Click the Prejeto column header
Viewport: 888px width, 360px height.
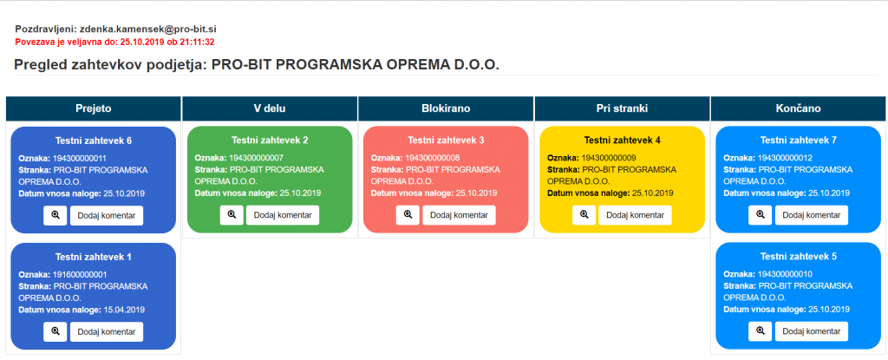tap(94, 108)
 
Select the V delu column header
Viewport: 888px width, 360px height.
tap(270, 108)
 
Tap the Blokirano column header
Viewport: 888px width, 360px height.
tap(446, 108)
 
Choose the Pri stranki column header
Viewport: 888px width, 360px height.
tap(622, 108)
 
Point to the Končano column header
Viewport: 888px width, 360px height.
tap(798, 108)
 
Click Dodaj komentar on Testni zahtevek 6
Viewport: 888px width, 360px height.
tap(107, 215)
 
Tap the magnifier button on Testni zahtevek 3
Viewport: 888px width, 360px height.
tap(408, 215)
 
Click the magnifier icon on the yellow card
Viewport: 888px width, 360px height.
tap(584, 215)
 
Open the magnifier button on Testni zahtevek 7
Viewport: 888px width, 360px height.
tap(760, 215)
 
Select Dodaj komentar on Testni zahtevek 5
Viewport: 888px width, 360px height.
tap(812, 331)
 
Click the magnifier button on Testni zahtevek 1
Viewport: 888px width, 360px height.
tap(55, 331)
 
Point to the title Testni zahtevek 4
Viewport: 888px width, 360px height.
tap(622, 140)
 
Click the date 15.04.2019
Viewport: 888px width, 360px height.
tap(124, 310)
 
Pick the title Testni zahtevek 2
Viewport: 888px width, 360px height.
tap(270, 140)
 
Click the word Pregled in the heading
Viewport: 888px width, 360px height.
tap(38, 65)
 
